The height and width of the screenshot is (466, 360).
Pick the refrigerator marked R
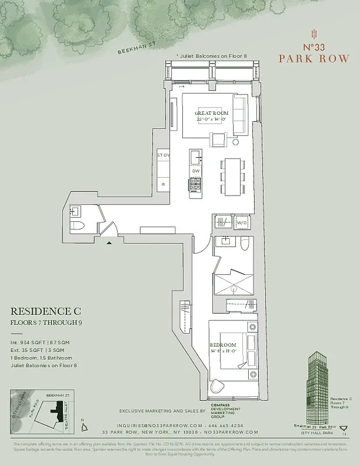(x=163, y=183)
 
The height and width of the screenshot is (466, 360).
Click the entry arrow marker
(x=109, y=242)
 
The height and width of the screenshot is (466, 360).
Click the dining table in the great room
(x=232, y=176)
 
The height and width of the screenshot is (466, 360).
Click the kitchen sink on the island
(x=196, y=156)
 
